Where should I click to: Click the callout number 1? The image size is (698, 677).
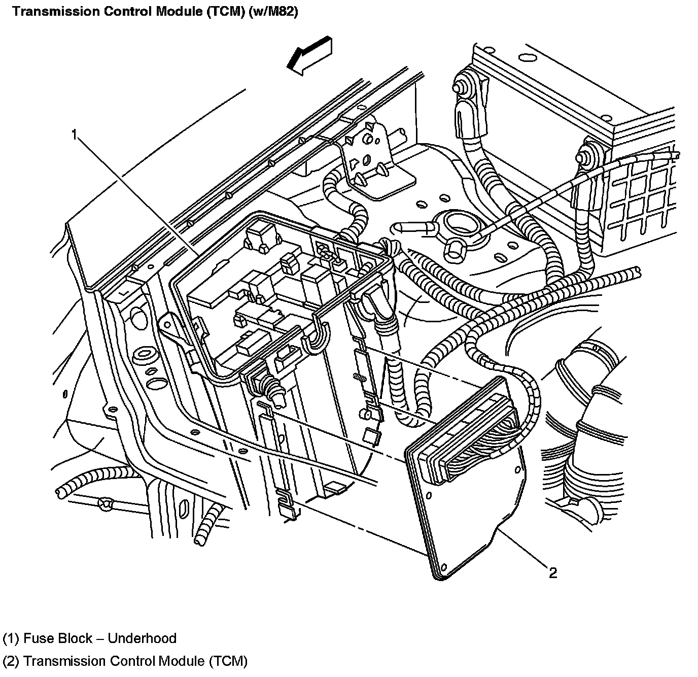tap(74, 134)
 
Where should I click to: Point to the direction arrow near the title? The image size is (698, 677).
tap(309, 55)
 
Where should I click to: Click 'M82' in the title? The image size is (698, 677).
tap(276, 12)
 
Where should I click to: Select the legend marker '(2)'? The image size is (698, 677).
tap(11, 661)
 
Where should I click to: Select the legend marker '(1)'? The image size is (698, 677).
tap(11, 638)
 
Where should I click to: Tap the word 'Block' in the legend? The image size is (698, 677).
tap(76, 638)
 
